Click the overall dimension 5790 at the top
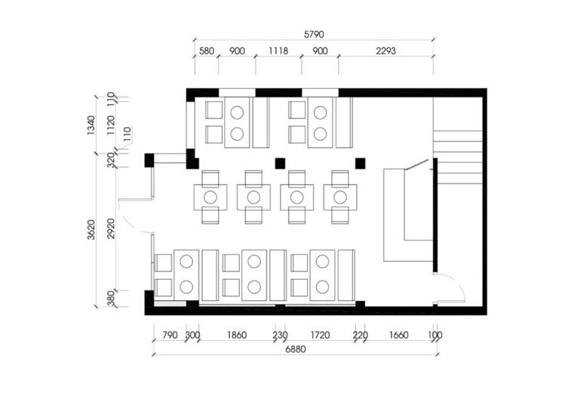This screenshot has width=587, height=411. point(314,34)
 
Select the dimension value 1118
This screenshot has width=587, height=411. point(278,51)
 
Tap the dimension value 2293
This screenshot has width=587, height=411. point(386,51)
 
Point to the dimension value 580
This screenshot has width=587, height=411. point(206,51)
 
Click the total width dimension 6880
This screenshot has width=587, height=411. point(295,349)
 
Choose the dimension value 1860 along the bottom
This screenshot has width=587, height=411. point(237,335)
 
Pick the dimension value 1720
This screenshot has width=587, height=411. point(320,335)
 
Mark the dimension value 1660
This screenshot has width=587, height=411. point(398,335)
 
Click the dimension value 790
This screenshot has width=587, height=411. point(170,335)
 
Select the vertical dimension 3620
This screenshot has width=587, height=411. point(91,229)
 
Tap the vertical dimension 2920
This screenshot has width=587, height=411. point(111,229)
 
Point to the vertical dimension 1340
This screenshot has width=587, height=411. point(91,125)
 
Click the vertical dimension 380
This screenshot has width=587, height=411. point(111,299)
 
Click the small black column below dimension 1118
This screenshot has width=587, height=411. point(280,163)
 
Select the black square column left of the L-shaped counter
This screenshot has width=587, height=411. point(360,163)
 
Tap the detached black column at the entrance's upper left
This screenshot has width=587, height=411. point(149,161)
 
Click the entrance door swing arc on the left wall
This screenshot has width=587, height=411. point(128,222)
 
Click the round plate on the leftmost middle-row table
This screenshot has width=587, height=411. point(211,198)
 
